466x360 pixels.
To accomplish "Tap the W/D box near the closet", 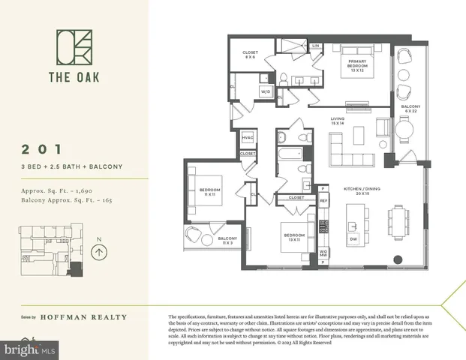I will (266, 91).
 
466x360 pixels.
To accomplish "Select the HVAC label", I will (248, 138).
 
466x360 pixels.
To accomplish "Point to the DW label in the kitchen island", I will (353, 240).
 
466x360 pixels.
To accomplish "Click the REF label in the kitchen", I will (323, 201).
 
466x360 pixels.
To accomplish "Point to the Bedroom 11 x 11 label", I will (210, 191).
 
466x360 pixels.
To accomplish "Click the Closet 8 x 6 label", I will (251, 55).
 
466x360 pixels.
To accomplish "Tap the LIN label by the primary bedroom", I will (316, 46).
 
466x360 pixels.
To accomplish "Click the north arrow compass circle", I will (98, 253).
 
